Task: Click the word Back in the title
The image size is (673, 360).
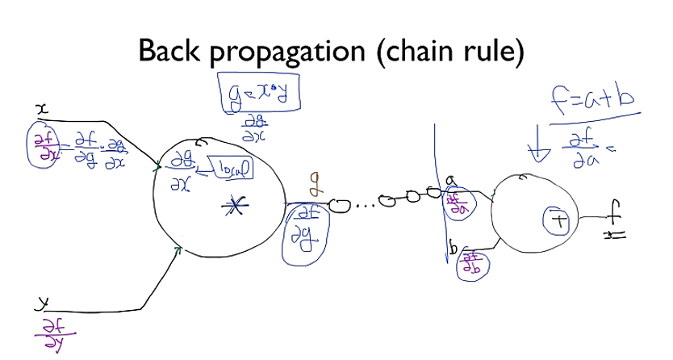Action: [x=172, y=52]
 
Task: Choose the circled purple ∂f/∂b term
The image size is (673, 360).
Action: [x=472, y=264]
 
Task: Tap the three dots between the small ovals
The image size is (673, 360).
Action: [x=366, y=205]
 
